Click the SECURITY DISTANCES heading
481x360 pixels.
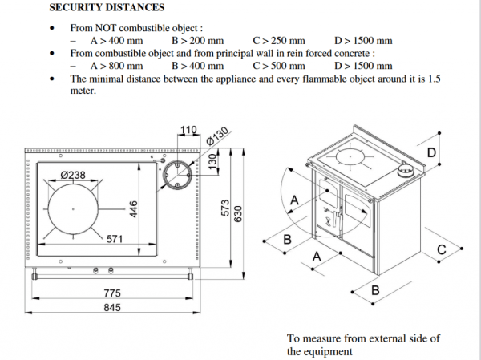107,7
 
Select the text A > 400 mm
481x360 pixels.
116,41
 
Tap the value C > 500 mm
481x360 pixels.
279,66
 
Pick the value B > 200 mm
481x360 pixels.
197,41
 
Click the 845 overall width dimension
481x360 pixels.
112,307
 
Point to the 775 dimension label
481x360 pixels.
112,293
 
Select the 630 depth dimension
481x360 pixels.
238,213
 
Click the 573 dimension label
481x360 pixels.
225,208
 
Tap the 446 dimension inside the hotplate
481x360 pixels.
133,209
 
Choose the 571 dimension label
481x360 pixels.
115,239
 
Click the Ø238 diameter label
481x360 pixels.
73,175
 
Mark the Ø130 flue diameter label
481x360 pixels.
217,136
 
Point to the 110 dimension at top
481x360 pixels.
188,130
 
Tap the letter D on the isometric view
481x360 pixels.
431,152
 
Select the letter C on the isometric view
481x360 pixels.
441,249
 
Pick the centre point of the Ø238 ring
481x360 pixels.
73,209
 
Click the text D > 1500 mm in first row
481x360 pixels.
363,41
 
